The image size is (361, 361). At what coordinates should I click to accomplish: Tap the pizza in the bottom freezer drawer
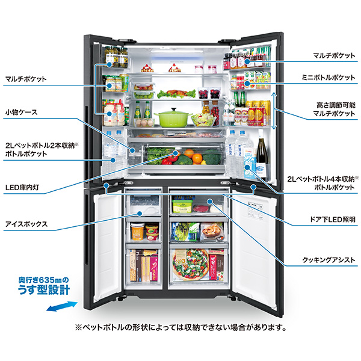click(191, 262)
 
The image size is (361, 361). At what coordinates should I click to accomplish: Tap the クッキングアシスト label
click(330, 261)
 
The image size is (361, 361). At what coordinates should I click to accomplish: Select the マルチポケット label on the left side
click(25, 78)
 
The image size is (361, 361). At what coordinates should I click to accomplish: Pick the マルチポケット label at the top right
click(333, 55)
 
